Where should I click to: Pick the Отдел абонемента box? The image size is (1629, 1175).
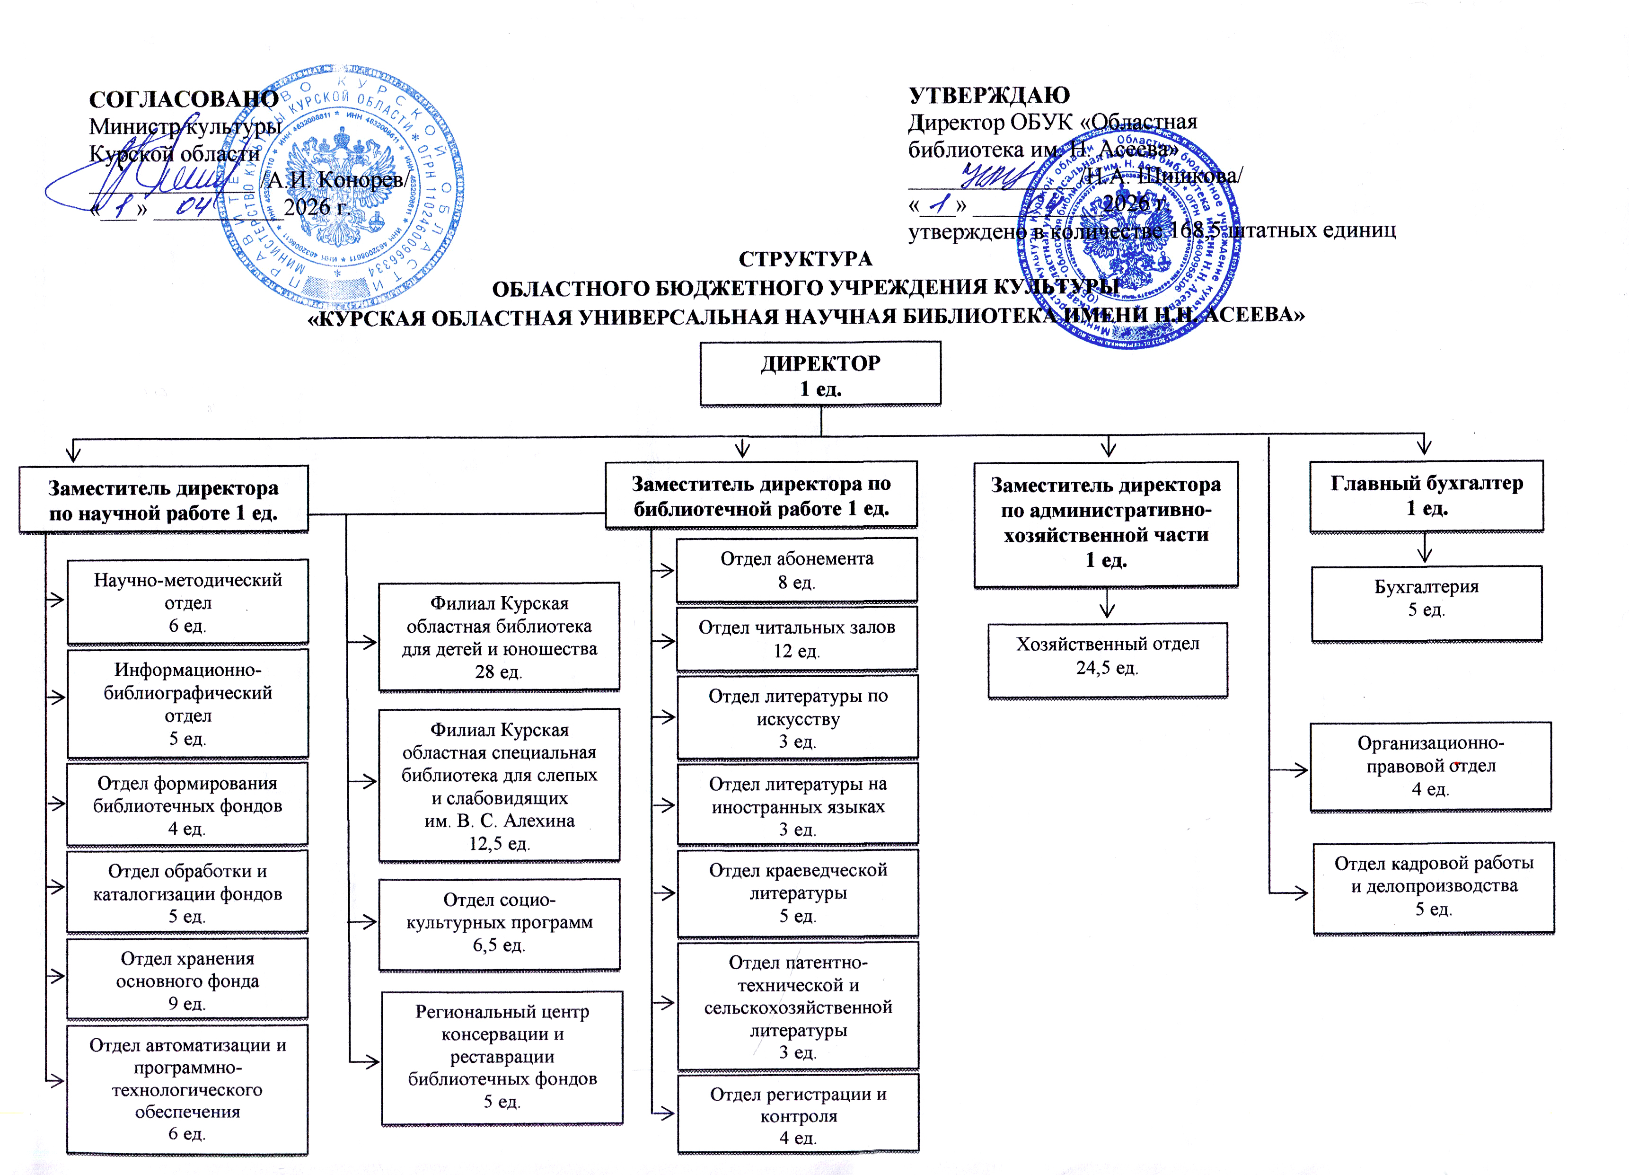tap(797, 570)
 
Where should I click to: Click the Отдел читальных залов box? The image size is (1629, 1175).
tap(797, 638)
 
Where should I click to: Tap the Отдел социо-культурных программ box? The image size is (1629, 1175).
tap(499, 923)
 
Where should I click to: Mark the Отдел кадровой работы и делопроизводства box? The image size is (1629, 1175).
tap(1434, 886)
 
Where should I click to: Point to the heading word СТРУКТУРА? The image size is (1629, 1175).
tap(805, 258)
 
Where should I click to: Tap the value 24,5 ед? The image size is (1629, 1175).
tap(1107, 668)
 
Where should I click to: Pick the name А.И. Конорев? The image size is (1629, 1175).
tap(335, 179)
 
